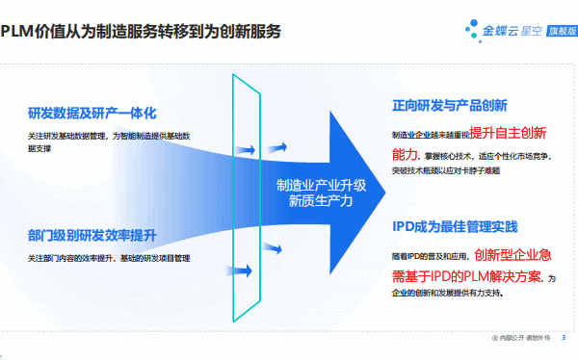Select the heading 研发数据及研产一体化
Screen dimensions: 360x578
click(x=92, y=114)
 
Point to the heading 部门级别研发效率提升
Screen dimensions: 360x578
click(x=92, y=235)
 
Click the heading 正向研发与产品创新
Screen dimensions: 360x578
click(x=450, y=104)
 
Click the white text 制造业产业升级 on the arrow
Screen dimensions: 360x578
click(x=321, y=185)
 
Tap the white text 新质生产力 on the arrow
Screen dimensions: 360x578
click(x=321, y=202)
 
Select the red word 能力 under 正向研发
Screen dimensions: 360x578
click(x=405, y=154)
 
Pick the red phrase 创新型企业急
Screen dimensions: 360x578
click(x=512, y=255)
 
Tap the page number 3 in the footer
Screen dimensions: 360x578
click(x=564, y=338)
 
